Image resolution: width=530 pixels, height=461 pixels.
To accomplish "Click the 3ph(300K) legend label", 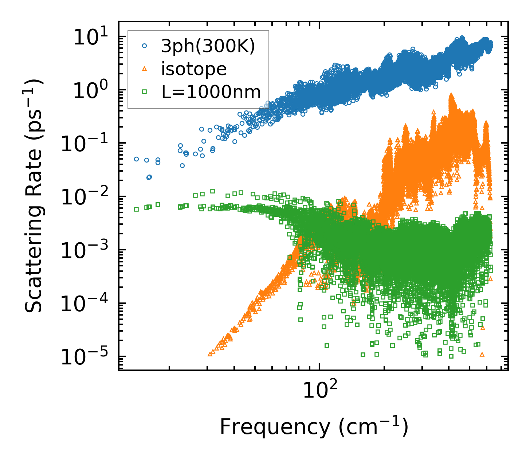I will [x=208, y=47].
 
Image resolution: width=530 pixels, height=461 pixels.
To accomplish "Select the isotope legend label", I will [x=194, y=69].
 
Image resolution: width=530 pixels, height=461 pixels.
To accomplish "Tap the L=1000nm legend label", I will [x=211, y=92].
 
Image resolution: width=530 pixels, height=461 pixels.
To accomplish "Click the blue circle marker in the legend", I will [x=144, y=46].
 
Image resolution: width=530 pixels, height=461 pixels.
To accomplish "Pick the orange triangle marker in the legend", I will [x=144, y=69].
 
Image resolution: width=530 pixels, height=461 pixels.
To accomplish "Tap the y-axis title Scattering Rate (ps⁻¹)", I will [x=34, y=196].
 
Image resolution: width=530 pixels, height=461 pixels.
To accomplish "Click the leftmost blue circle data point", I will [x=136, y=159].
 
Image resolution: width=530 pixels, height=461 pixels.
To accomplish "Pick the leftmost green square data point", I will [x=136, y=209].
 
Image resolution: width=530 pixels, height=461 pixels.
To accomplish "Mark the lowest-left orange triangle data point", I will [x=210, y=353].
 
